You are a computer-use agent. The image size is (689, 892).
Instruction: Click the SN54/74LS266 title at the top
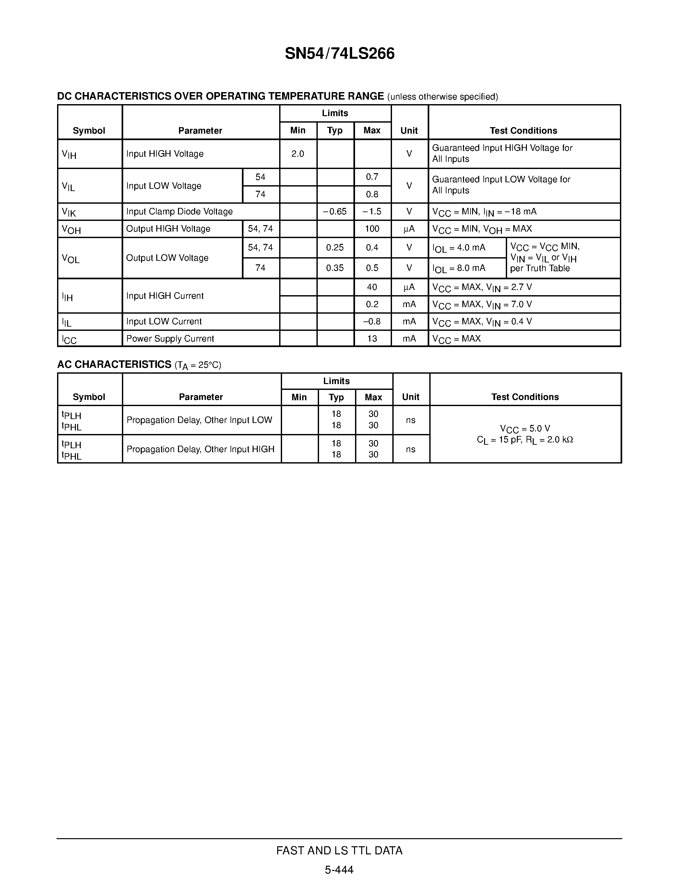pos(339,54)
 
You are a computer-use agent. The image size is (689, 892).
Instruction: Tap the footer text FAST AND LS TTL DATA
pos(339,850)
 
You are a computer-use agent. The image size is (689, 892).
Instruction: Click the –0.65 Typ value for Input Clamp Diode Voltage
pos(335,211)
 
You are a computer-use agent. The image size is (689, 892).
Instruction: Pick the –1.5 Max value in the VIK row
pos(372,211)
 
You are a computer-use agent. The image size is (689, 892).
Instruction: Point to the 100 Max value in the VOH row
pos(372,229)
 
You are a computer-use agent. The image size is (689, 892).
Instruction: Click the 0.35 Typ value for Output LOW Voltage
pos(335,268)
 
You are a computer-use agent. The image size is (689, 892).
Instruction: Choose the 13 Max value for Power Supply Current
pos(372,339)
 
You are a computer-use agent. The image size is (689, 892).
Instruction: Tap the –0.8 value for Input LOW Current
pos(372,321)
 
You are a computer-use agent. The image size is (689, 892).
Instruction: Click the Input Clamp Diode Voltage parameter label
pos(179,211)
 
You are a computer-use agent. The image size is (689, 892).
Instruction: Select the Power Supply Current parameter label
pos(170,339)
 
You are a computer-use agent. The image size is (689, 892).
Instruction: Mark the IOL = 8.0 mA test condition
pos(459,268)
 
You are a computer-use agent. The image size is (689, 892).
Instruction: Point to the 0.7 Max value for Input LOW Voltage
pos(372,177)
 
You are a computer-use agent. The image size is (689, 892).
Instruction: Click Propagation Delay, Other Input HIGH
pos(200,449)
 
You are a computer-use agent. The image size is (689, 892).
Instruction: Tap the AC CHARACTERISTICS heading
pos(114,364)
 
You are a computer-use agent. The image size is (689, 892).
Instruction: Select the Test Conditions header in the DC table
pos(523,131)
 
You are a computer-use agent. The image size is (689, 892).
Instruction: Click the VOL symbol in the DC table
pos(70,259)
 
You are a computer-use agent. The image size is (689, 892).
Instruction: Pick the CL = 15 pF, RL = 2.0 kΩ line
pos(525,440)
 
